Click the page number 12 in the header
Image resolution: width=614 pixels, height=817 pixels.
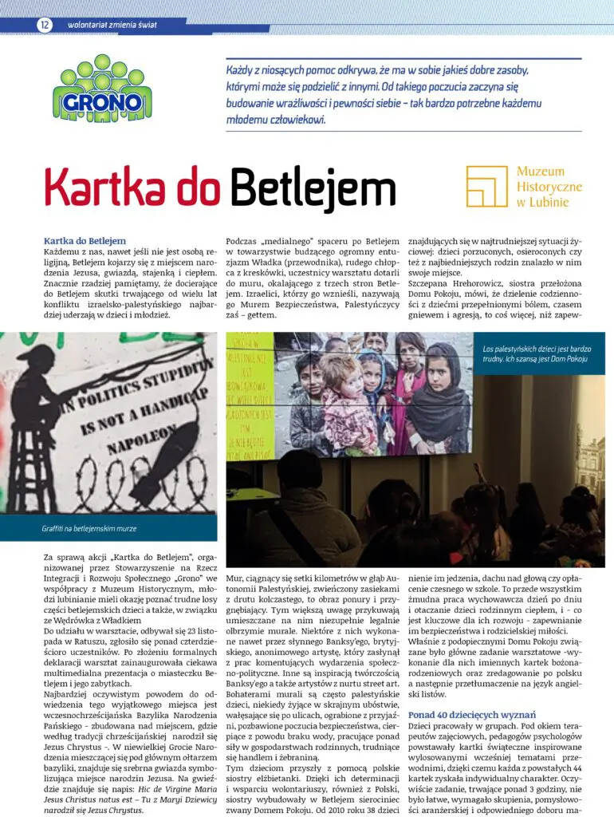tap(45, 25)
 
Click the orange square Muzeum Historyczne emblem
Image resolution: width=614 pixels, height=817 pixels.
tap(486, 187)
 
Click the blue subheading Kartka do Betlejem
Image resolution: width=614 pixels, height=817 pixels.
tap(85, 240)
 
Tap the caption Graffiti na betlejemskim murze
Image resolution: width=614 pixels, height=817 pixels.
tap(89, 528)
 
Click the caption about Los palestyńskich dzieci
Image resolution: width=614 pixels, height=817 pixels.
tap(536, 353)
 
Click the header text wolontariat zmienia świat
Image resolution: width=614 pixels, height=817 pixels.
tap(111, 25)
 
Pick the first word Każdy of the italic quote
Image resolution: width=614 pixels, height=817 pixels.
tap(241, 69)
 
